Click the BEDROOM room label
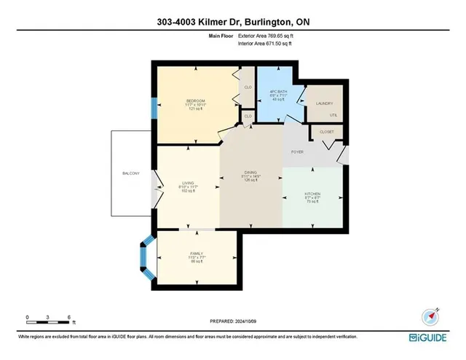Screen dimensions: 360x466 [x=195, y=101]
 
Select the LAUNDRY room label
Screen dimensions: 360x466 [x=323, y=103]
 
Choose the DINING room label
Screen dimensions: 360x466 [x=251, y=173]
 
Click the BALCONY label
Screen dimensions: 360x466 [x=131, y=173]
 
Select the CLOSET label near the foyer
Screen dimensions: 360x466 [x=327, y=132]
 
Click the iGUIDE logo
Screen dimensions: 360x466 [x=434, y=337]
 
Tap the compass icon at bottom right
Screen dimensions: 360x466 [x=429, y=316]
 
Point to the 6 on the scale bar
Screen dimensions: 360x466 [x=68, y=316]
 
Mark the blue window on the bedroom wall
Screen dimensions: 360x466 [x=154, y=108]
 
